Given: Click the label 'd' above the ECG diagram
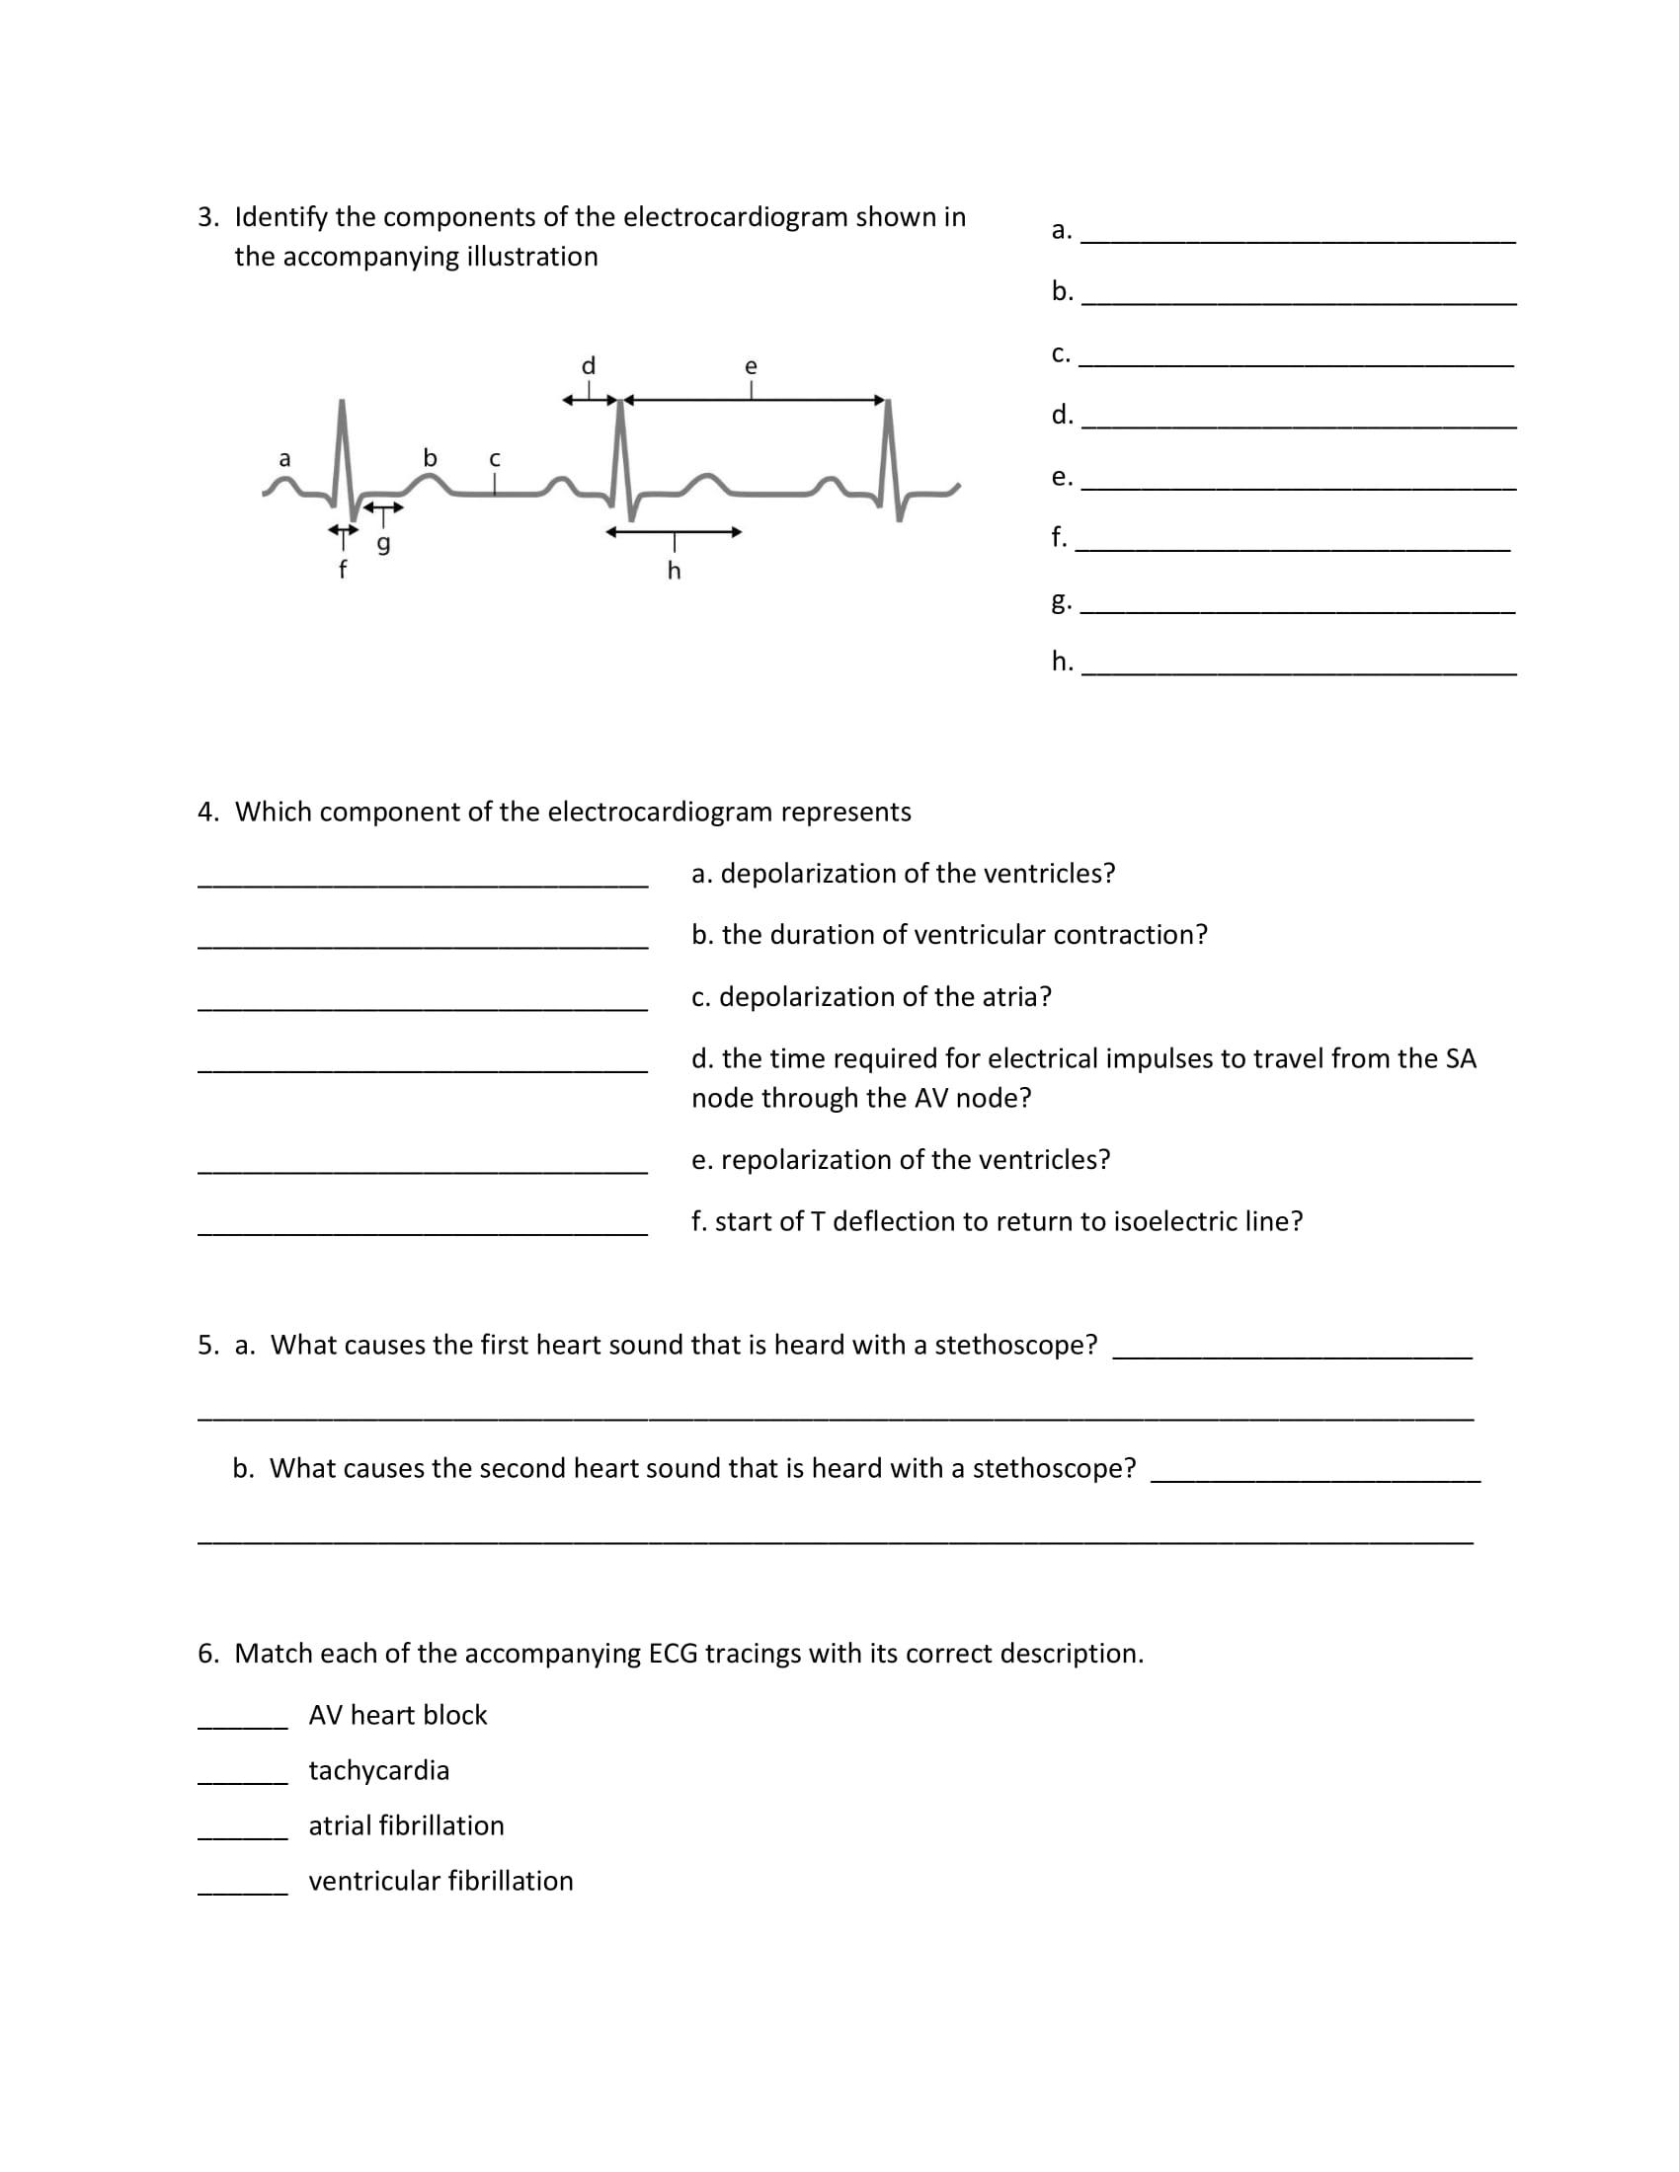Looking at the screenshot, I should tap(588, 366).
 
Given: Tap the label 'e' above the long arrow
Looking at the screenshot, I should tap(751, 367).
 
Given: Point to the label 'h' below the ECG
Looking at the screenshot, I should tap(674, 571).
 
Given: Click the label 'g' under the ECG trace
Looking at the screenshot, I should tap(383, 544).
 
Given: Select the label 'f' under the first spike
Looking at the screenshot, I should tap(342, 570).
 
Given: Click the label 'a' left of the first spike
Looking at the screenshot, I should tap(284, 458).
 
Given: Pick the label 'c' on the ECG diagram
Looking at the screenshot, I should tap(495, 459).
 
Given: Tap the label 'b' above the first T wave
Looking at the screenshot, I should tap(430, 457).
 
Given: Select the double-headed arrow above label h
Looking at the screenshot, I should tap(674, 532).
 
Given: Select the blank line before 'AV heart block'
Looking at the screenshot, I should tap(243, 1728).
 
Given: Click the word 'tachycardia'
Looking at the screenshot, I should tap(379, 1771).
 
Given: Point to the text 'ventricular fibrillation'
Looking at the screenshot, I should tap(440, 1882).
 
